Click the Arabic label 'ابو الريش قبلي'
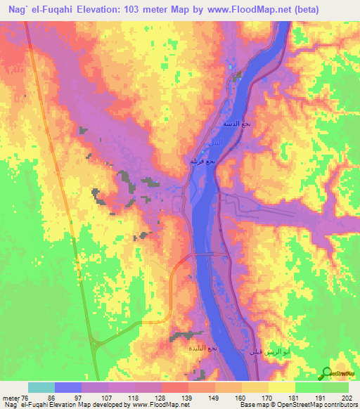pyautogui.click(x=264, y=351)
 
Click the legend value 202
pyautogui.click(x=345, y=397)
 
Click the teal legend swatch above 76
pyautogui.click(x=41, y=387)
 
